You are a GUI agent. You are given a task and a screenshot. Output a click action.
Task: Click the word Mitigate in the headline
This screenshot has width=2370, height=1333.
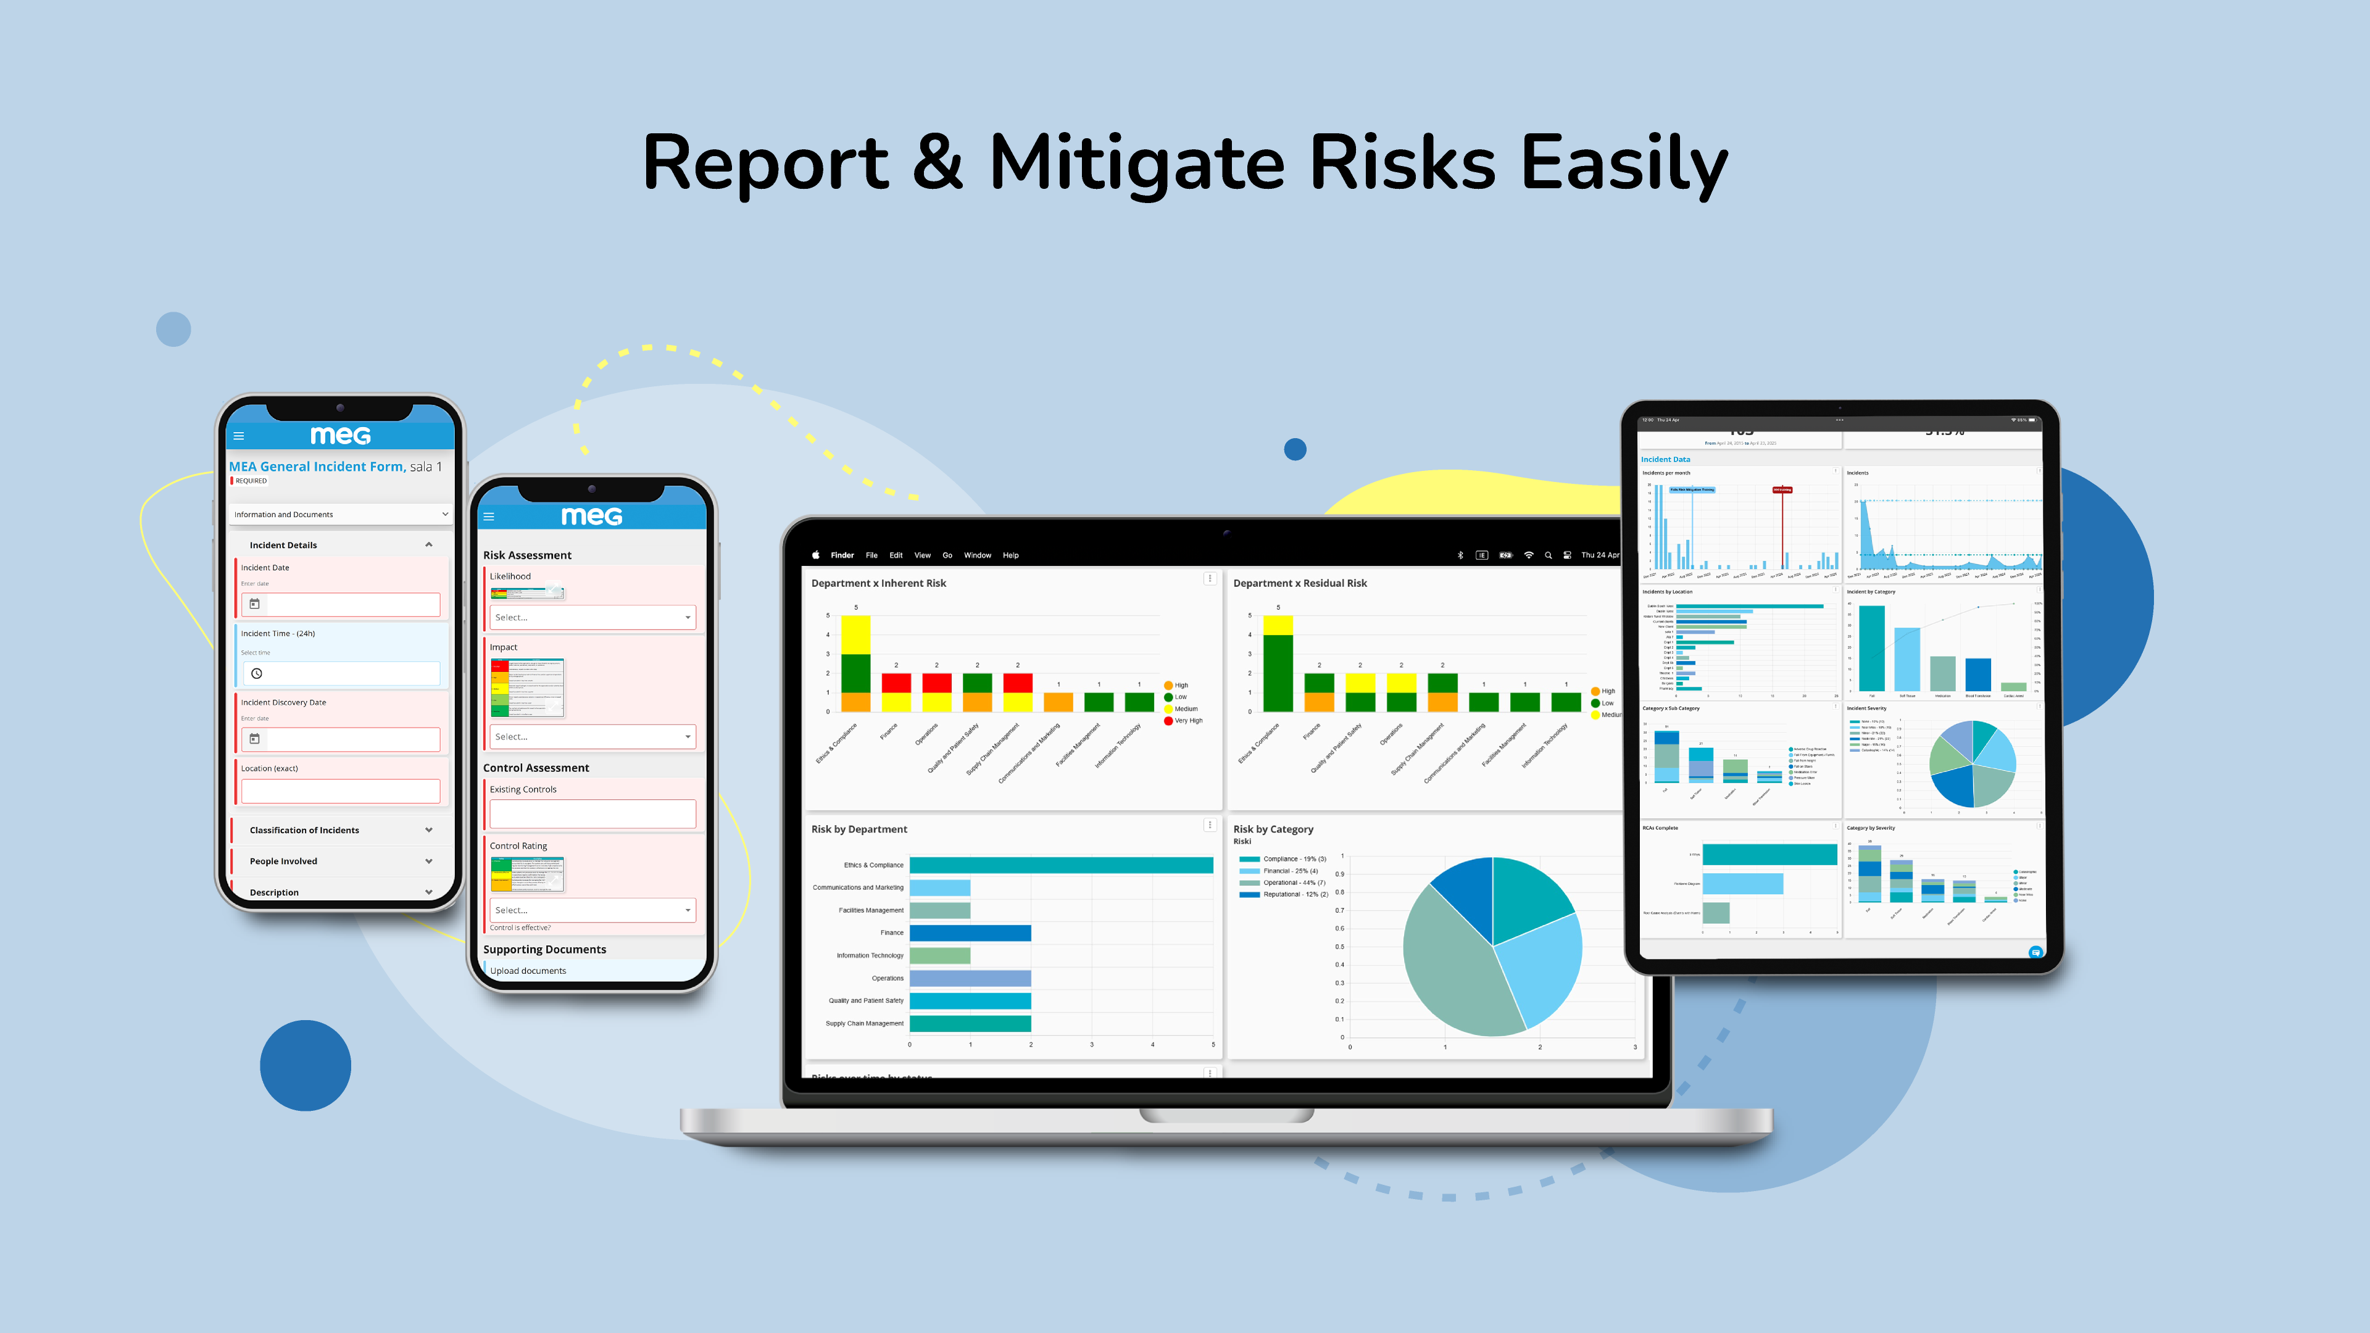[1136, 164]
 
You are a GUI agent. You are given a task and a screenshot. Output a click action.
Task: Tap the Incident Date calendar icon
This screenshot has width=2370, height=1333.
[255, 604]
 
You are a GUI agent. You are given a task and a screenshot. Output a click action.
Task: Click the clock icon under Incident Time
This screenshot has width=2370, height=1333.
[257, 673]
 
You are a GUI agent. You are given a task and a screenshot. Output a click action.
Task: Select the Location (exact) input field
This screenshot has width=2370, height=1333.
[341, 791]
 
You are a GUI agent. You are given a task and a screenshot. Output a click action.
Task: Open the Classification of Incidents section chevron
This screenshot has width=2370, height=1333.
[429, 830]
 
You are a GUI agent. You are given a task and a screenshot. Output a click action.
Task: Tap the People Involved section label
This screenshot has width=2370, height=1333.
[283, 861]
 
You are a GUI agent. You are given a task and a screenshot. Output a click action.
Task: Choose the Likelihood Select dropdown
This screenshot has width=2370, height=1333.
[592, 617]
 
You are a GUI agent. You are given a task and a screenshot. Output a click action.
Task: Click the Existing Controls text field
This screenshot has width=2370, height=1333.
[592, 813]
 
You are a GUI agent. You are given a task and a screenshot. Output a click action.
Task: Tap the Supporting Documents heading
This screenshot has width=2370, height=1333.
[544, 949]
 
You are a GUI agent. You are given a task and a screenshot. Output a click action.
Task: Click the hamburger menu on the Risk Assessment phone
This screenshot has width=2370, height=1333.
[489, 517]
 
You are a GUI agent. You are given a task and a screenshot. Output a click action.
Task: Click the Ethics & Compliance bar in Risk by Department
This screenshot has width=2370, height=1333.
[1061, 865]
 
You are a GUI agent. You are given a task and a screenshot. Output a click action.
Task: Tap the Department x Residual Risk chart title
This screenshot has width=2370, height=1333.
[1299, 583]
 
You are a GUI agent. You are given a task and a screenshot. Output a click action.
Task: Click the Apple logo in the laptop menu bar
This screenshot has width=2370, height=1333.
[815, 555]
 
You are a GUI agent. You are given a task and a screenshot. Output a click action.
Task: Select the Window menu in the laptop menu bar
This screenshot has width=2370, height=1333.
[977, 555]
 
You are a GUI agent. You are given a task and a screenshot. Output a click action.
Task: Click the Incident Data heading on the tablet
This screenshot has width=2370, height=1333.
[1665, 459]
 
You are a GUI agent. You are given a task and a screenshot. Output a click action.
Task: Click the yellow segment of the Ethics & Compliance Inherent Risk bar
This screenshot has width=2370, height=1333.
[855, 635]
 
